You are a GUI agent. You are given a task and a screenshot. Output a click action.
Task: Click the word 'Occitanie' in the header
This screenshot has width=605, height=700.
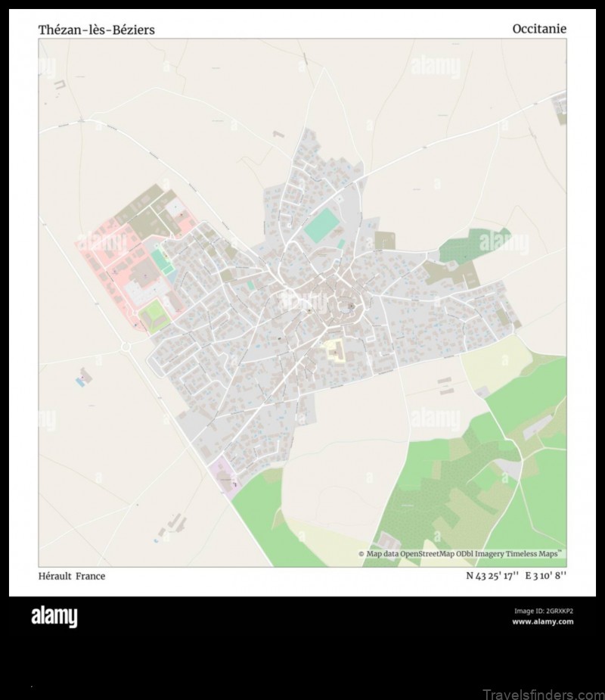538,29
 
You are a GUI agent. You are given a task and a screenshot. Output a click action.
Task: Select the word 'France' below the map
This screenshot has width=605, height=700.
91,577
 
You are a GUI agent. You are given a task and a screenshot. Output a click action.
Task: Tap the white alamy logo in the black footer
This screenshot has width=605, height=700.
54,618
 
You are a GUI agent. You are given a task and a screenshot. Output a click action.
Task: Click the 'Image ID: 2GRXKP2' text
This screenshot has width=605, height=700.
543,611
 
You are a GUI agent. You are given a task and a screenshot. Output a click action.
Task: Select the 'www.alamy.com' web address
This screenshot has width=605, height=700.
542,622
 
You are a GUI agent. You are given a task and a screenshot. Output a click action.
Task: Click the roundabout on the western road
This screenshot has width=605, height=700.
126,347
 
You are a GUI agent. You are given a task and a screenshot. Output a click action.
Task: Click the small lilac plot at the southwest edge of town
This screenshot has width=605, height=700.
225,474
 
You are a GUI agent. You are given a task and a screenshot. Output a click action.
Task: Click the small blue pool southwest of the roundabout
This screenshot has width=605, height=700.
80,382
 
